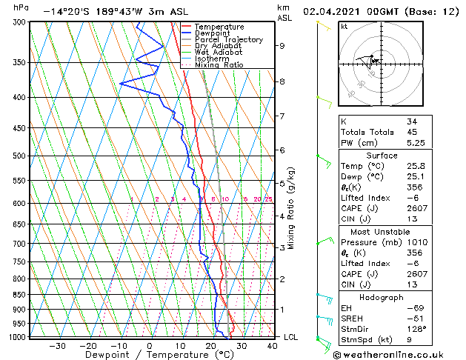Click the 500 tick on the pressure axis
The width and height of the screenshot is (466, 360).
pyautogui.click(x=16, y=156)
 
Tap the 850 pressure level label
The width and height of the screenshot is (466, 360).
pyautogui.click(x=16, y=295)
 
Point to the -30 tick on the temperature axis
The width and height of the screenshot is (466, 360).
pyautogui.click(x=57, y=346)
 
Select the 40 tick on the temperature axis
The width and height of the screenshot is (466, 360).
pyautogui.click(x=272, y=346)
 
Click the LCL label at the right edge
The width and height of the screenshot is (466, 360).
pyautogui.click(x=291, y=338)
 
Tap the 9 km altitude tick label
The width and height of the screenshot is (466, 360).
pyautogui.click(x=282, y=46)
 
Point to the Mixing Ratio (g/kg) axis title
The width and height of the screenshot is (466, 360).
pyautogui.click(x=291, y=208)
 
